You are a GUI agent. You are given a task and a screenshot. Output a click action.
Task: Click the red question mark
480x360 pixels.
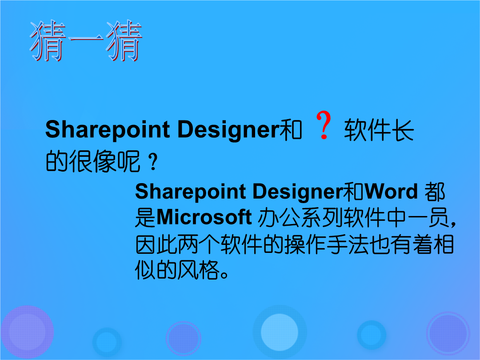(x=324, y=125)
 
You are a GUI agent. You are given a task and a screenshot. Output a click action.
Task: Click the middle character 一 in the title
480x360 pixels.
(x=86, y=39)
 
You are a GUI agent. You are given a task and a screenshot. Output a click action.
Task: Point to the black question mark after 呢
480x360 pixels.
(x=153, y=162)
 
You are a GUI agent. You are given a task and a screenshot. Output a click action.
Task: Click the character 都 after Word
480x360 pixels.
(x=435, y=192)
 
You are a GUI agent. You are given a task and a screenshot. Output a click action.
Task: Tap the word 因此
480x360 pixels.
(x=156, y=244)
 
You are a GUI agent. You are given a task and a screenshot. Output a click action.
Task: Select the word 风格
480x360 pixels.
(x=199, y=270)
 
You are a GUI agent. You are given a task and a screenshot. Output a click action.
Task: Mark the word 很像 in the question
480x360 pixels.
(x=92, y=161)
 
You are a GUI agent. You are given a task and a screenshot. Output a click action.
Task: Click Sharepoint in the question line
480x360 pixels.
(x=108, y=130)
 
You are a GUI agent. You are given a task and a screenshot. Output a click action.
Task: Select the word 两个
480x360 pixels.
(x=199, y=244)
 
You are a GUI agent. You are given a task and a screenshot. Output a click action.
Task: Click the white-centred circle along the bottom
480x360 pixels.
(x=280, y=332)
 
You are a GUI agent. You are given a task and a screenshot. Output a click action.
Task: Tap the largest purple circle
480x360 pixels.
(x=27, y=332)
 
